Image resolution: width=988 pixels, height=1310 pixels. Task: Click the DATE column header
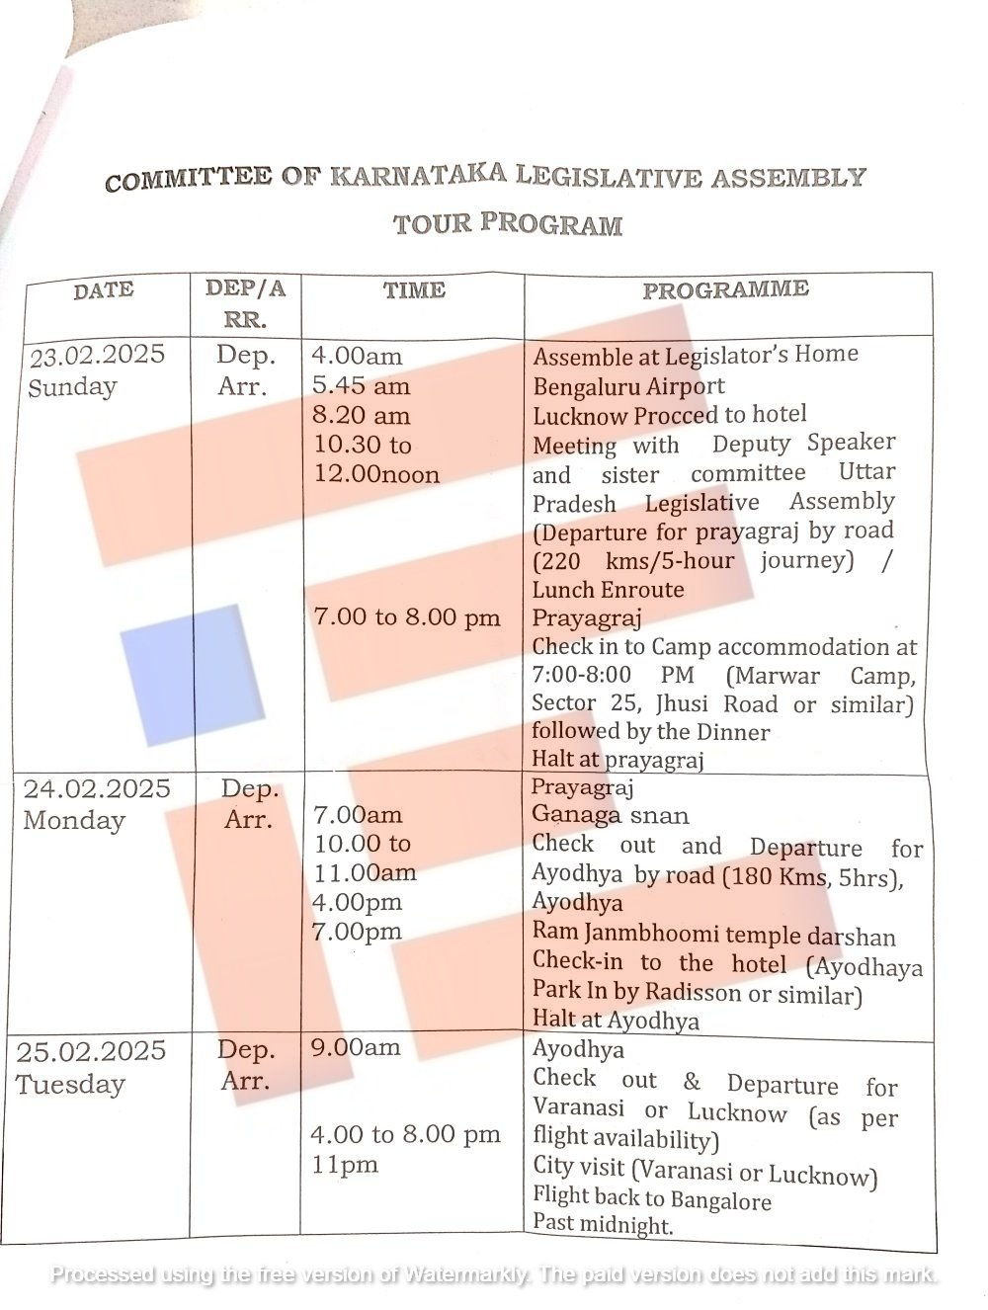click(x=103, y=290)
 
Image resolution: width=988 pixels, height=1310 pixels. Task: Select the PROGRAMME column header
click(x=725, y=289)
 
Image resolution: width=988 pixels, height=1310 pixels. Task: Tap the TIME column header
click(x=414, y=290)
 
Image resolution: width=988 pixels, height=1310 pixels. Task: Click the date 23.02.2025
click(x=96, y=356)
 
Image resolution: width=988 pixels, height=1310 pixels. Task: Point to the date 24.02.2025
click(x=97, y=789)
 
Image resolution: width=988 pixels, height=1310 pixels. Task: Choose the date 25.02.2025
click(x=91, y=1051)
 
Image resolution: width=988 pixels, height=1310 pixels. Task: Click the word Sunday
click(x=72, y=387)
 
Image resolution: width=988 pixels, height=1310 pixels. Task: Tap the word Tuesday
click(x=70, y=1085)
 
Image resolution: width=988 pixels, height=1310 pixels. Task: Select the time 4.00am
click(x=357, y=357)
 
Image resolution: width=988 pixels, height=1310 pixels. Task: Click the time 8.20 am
click(x=361, y=416)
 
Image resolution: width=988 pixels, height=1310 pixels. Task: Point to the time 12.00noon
click(x=376, y=475)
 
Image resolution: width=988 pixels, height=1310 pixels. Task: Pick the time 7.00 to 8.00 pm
click(x=407, y=618)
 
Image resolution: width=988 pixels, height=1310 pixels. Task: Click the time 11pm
click(x=345, y=1166)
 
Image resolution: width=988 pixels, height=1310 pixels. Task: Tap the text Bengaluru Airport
click(x=628, y=386)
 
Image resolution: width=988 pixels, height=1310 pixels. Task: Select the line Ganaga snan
click(x=610, y=816)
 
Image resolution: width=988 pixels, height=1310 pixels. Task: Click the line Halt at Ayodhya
click(x=615, y=1021)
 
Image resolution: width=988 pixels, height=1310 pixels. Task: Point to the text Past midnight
click(x=603, y=1226)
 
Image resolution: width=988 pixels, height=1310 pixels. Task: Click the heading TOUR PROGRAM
click(x=508, y=224)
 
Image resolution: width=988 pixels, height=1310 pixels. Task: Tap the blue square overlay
click(x=192, y=674)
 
